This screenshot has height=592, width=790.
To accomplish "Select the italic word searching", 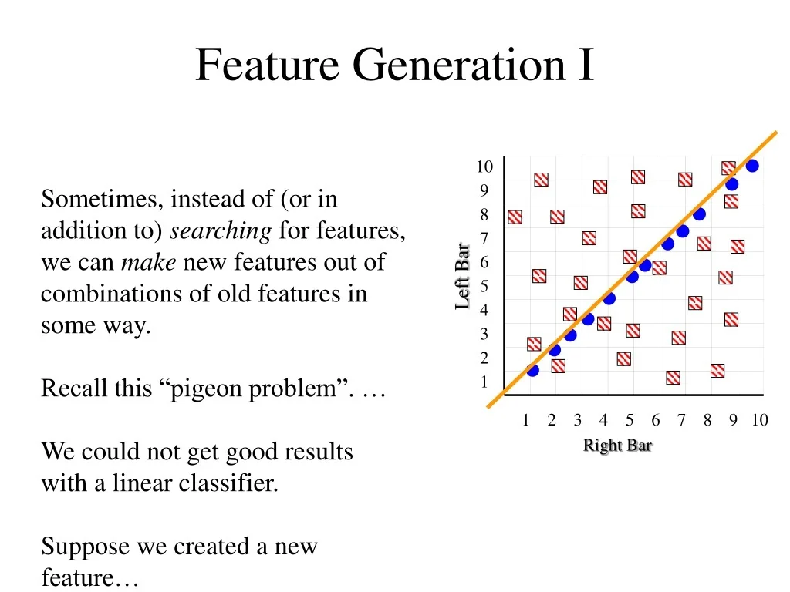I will [221, 230].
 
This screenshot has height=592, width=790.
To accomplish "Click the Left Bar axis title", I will [463, 276].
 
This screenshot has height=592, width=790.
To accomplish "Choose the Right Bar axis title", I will [617, 446].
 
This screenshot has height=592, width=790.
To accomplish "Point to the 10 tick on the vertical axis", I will [484, 167].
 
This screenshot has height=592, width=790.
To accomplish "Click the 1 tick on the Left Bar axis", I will [484, 382].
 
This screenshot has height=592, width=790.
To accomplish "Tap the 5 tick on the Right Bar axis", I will [630, 420].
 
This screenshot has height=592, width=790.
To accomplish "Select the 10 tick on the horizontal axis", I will [760, 420].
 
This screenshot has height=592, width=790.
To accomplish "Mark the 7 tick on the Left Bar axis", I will [484, 239].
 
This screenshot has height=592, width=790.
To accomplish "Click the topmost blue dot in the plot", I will [752, 166].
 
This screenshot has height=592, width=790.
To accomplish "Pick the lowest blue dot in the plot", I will [532, 370].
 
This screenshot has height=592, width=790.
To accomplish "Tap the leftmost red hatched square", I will [515, 217].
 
